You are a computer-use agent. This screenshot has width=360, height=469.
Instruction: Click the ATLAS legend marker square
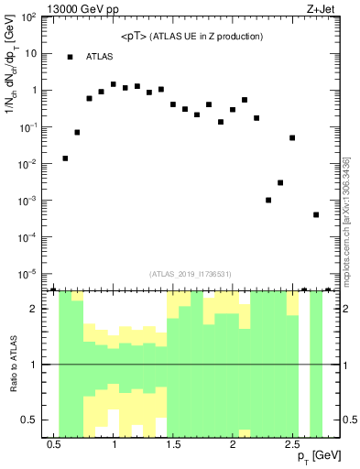click(x=70, y=57)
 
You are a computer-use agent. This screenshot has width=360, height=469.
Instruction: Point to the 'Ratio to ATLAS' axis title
click(x=13, y=364)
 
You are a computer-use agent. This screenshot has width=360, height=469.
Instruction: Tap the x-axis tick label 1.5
click(x=173, y=444)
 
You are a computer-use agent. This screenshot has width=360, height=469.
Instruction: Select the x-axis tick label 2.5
click(x=291, y=444)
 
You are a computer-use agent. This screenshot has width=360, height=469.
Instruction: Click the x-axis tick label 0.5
click(x=54, y=444)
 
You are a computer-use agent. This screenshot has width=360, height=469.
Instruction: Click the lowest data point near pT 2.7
click(x=315, y=214)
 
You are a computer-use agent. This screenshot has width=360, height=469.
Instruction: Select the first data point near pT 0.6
click(x=65, y=158)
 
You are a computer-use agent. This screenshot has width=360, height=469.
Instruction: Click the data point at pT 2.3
click(x=268, y=200)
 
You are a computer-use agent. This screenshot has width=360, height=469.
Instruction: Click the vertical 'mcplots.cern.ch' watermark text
click(x=344, y=220)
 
